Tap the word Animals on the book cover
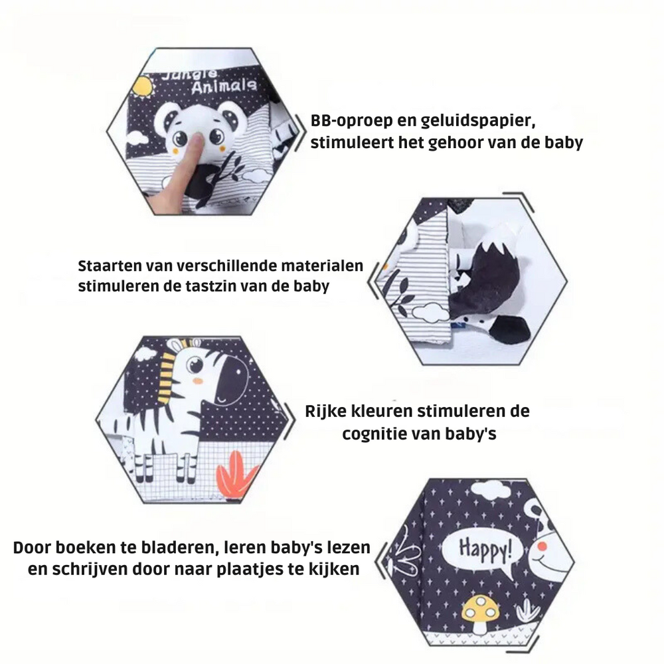224,86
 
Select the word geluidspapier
478,122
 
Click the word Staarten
110,266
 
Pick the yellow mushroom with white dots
480,613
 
